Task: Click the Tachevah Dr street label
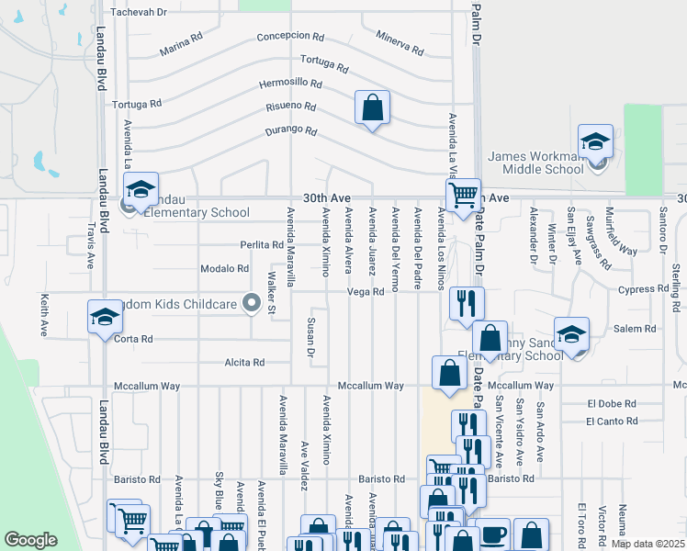[139, 13]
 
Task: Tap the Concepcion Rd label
[290, 38]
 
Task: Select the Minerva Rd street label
[400, 40]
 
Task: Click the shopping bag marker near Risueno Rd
[372, 107]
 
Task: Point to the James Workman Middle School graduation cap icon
[595, 142]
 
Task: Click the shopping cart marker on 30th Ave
[463, 194]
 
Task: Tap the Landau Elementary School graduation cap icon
[141, 189]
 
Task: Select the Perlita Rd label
[262, 245]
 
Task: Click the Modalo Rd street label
[225, 269]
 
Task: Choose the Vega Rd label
[365, 292]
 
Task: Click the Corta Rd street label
[134, 339]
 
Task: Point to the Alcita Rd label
[243, 363]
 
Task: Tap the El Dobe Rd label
[612, 403]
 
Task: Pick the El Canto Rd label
[612, 422]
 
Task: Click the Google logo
[30, 540]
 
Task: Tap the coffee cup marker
[492, 535]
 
